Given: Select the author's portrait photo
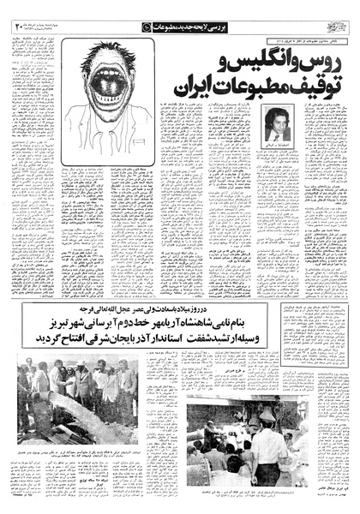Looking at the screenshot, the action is click(x=275, y=124).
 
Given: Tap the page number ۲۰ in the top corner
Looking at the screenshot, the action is click(x=19, y=29).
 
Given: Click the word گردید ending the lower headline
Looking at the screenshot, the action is click(x=39, y=338).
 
